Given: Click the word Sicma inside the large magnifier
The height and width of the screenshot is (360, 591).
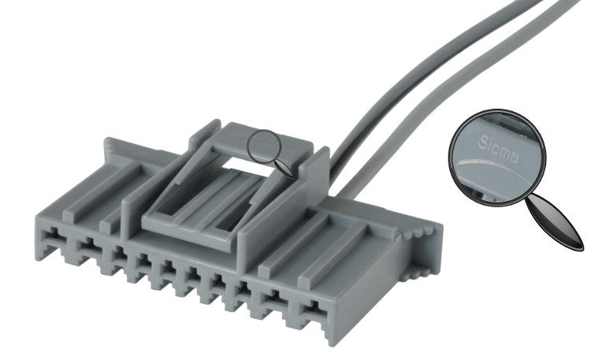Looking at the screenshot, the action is [499, 149].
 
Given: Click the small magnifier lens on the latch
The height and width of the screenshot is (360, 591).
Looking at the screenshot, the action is [265, 147].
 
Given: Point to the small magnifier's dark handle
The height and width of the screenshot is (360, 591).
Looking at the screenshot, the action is [285, 168].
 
